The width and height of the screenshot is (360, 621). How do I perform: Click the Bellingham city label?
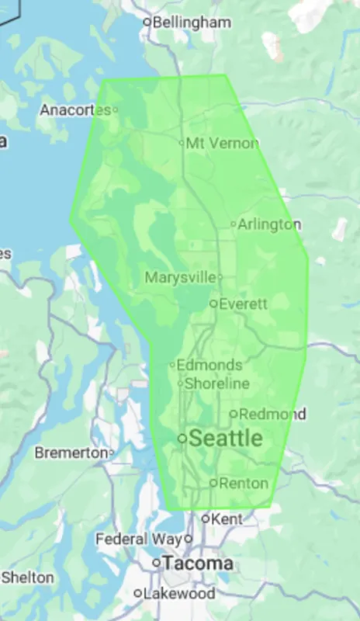[x=192, y=23]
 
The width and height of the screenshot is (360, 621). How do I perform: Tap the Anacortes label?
[x=75, y=110]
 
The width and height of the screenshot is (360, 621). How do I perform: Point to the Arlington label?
[x=269, y=224]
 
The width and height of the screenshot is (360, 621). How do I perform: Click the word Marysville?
[x=180, y=277]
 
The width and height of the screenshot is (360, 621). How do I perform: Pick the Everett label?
[x=243, y=304]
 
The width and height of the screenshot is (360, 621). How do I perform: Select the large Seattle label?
[x=226, y=439]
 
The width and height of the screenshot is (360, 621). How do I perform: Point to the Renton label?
[x=244, y=483]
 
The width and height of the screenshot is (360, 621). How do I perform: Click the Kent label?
[x=227, y=518]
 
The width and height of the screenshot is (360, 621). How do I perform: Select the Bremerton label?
[x=71, y=452]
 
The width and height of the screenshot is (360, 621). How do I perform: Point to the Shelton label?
[x=28, y=578]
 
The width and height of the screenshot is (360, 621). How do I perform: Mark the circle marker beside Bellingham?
[x=147, y=22]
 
